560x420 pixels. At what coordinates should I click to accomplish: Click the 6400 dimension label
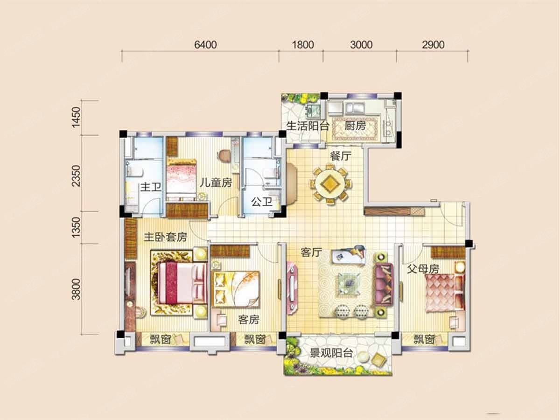click(x=205, y=45)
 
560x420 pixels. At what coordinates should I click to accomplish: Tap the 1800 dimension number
click(x=303, y=45)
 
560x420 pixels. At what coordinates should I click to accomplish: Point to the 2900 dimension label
click(x=433, y=45)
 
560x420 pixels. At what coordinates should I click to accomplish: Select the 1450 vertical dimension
click(x=76, y=117)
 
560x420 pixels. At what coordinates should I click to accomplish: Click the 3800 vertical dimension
click(x=76, y=289)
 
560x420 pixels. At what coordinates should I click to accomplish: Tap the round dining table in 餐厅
click(x=330, y=183)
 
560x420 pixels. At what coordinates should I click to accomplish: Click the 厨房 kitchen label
click(x=355, y=126)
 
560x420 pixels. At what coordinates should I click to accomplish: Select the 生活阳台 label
click(x=308, y=126)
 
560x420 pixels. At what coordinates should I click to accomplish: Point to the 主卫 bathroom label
click(x=151, y=187)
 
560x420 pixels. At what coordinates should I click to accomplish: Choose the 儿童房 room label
click(x=216, y=182)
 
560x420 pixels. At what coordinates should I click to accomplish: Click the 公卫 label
click(x=261, y=202)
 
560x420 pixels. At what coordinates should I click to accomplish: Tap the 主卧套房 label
click(x=165, y=237)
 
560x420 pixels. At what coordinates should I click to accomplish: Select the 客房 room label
click(x=249, y=319)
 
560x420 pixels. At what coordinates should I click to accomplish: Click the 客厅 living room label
click(x=311, y=252)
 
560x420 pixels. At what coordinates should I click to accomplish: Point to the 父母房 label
click(x=423, y=269)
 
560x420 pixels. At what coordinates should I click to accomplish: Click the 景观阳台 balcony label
click(x=331, y=353)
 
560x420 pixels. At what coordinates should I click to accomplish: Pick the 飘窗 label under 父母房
click(x=424, y=340)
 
